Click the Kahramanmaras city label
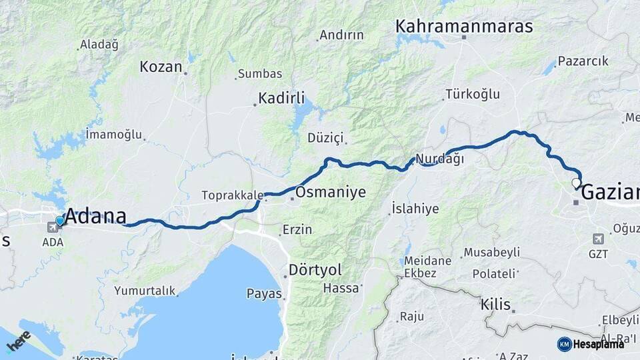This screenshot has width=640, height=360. [464, 27]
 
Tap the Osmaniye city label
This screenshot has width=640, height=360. [331, 193]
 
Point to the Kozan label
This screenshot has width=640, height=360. [161, 67]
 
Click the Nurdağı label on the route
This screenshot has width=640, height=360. [439, 159]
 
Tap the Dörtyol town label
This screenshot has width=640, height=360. [315, 270]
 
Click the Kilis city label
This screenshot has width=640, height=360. [495, 305]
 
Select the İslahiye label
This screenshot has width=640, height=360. [415, 209]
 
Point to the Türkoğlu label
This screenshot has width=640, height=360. [473, 94]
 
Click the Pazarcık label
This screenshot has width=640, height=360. [583, 61]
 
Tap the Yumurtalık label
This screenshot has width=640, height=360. [145, 291]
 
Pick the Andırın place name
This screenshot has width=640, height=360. [341, 35]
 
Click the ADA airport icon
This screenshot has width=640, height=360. [52, 227]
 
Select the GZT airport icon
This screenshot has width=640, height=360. [598, 239]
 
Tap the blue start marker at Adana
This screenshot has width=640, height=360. [60, 221]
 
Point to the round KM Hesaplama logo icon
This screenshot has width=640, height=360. [564, 344]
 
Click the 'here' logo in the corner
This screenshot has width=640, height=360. [18, 341]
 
